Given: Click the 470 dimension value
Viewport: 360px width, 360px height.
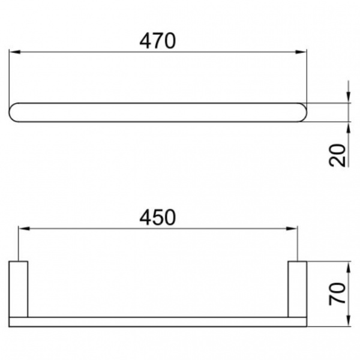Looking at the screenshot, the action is point(157,41).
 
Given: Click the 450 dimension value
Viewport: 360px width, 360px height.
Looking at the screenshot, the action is point(157,217).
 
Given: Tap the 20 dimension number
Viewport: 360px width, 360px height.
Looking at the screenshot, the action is point(337,155).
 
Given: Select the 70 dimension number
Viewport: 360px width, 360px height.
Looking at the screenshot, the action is point(337,294).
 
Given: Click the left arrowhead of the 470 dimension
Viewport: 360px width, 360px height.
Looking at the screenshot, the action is point(14,52).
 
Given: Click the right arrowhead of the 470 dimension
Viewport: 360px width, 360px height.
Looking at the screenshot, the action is point(301,52).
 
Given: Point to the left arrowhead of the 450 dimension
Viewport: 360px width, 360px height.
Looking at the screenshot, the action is point(24,229).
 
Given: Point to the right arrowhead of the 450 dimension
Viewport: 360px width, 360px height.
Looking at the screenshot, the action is point(292,229).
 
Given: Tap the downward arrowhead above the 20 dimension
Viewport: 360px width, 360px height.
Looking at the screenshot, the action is point(349,97).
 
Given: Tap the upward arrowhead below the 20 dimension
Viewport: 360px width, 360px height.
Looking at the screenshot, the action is point(349,127).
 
